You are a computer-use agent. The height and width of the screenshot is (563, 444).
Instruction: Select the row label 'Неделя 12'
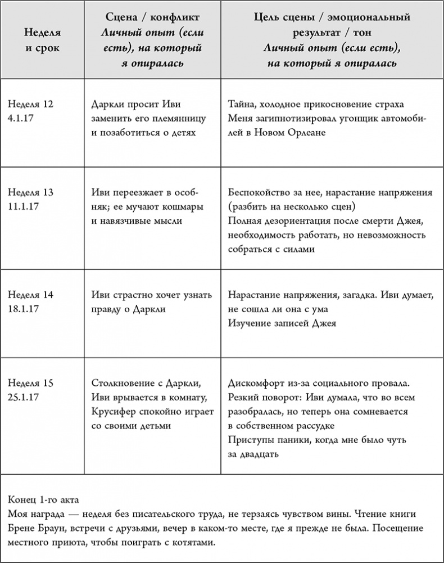31,104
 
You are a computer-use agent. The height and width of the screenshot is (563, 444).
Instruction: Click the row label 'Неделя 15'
31,384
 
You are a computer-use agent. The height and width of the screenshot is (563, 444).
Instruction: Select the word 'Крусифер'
112,412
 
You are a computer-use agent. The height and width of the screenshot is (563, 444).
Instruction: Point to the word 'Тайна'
242,104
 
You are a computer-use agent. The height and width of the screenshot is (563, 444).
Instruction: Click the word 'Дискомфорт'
256,384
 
